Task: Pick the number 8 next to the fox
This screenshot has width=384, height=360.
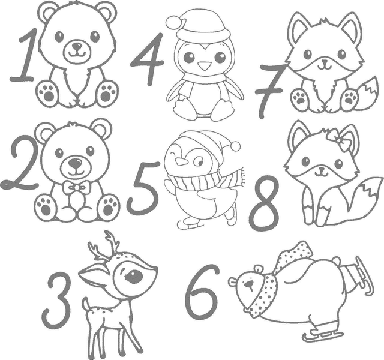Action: (x=265, y=203)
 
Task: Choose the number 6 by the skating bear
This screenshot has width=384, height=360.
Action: (x=202, y=293)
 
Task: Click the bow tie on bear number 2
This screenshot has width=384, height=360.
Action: (x=76, y=188)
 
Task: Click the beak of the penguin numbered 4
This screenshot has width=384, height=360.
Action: (x=205, y=65)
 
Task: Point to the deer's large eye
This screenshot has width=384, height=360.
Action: (x=134, y=277)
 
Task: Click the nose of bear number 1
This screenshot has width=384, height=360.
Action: (x=77, y=46)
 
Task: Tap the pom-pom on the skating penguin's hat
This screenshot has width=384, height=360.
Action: (x=235, y=146)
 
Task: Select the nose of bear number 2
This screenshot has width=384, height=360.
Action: (x=75, y=163)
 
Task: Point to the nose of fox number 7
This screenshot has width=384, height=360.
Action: (x=325, y=61)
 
